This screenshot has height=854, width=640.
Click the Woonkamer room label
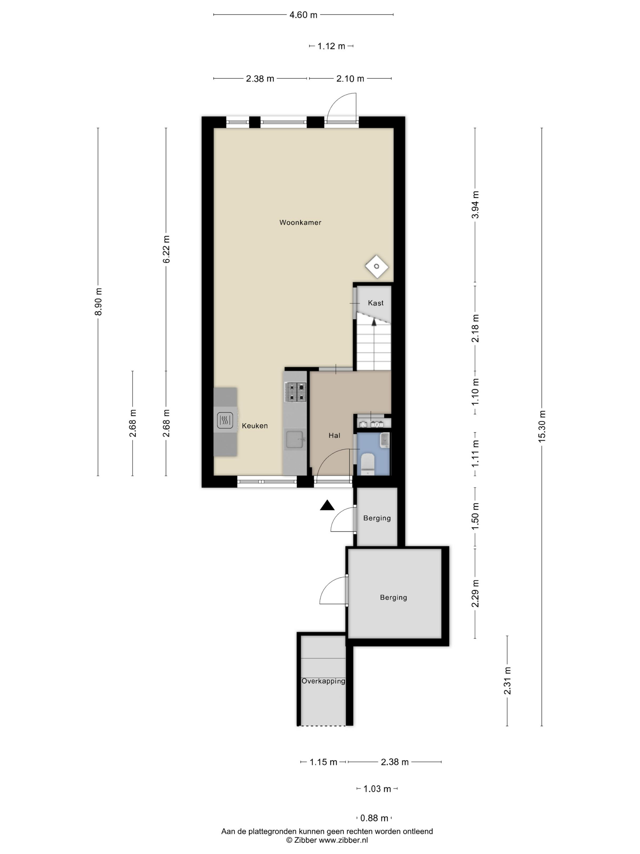[x=300, y=222]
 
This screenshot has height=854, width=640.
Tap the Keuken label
[x=254, y=426]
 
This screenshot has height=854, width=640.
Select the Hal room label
[x=334, y=436]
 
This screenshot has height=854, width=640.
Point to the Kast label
[x=375, y=303]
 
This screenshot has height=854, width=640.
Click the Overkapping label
[x=323, y=692]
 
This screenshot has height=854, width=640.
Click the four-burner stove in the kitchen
[x=295, y=392]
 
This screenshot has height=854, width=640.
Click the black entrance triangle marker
[x=327, y=505]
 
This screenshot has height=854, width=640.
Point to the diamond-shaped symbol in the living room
[x=376, y=266]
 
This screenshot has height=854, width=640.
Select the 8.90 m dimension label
[x=98, y=302]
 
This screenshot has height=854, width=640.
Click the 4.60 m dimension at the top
[x=303, y=15]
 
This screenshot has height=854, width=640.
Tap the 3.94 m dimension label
[x=475, y=205]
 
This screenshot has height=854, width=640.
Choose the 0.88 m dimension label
[x=374, y=818]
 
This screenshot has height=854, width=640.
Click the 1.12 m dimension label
[x=331, y=46]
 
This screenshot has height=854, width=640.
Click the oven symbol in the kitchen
[x=225, y=420]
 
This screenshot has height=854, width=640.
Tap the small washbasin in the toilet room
[x=385, y=440]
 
